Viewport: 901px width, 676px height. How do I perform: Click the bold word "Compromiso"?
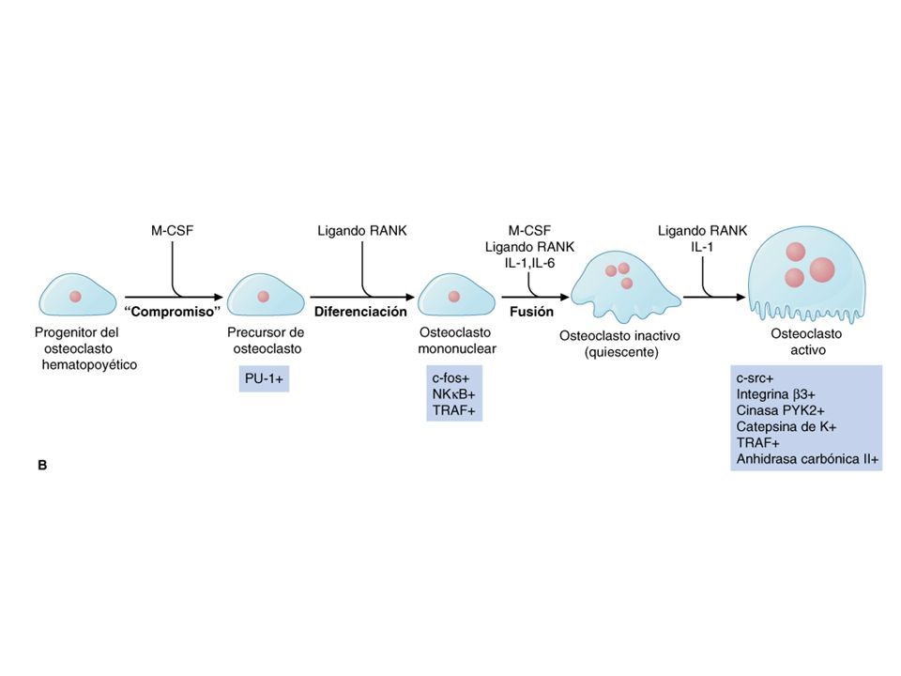coord(173,312)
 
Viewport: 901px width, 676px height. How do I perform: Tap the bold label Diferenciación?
coord(360,312)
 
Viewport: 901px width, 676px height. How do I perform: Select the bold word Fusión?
coord(531,312)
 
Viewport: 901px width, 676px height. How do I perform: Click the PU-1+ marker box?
coord(264,378)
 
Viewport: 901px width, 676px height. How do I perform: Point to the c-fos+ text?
coord(451,378)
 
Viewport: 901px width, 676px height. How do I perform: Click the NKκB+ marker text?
coord(453,394)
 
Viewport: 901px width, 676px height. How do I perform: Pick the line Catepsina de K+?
coord(786,426)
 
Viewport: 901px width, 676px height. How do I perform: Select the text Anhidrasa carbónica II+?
coord(807,459)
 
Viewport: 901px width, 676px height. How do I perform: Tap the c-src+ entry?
coord(755,378)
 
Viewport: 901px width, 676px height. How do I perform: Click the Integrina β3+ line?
coord(776,394)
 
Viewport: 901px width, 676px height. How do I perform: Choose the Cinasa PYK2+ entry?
coord(780,410)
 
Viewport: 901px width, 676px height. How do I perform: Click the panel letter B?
coord(42,465)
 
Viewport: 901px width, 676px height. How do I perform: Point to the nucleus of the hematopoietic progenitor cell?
coord(75,297)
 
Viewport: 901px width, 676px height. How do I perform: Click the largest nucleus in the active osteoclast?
coord(822,269)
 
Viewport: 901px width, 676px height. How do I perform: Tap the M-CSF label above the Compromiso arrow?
coord(173,231)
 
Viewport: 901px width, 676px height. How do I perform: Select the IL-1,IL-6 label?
coord(529,263)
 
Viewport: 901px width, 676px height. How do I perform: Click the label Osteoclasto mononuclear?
coord(457,340)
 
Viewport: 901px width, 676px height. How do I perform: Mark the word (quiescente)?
coord(621,352)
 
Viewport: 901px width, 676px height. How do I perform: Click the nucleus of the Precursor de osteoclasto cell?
coord(263,297)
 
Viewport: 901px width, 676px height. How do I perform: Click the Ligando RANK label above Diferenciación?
coord(362,231)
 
